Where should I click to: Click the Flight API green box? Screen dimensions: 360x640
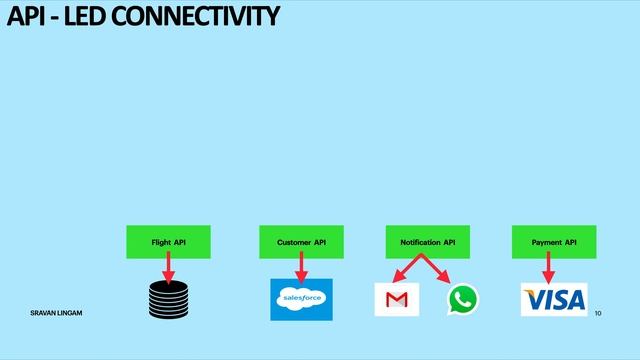[168, 242]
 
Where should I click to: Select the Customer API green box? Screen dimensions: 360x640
[301, 242]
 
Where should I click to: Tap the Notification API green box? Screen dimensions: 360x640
[427, 242]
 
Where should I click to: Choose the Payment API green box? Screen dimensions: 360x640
[554, 242]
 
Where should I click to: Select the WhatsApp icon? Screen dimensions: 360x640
[463, 299]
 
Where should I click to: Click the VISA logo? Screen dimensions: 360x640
[554, 299]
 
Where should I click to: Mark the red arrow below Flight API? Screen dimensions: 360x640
[168, 268]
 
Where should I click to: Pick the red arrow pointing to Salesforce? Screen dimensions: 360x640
[300, 268]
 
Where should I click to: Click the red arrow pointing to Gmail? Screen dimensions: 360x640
[408, 270]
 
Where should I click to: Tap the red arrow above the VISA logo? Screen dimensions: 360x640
[548, 268]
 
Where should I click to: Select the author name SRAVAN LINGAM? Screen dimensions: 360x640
[56, 314]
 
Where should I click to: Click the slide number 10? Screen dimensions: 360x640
[598, 314]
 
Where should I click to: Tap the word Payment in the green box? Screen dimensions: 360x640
[546, 242]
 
